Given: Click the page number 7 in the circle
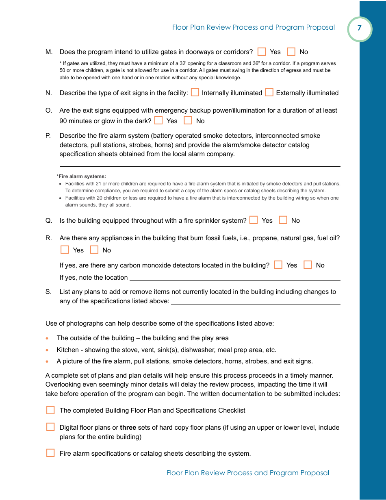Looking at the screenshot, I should click(359, 28).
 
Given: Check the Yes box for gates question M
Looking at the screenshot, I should click(262, 52).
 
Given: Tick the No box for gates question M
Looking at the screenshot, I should click(291, 52).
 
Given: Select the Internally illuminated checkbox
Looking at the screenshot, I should click(195, 93).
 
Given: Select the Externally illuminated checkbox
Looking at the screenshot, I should click(269, 93).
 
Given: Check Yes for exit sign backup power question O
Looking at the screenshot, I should click(158, 121).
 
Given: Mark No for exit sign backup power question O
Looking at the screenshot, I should click(188, 121).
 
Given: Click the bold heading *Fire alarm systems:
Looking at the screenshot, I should click(81, 176).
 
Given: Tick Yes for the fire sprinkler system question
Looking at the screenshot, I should click(254, 220).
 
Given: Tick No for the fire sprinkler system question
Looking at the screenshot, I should click(283, 220).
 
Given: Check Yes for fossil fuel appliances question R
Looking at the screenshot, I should click(65, 250).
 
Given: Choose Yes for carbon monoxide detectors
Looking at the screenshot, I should click(278, 265).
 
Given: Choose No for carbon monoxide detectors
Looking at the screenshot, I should click(308, 265).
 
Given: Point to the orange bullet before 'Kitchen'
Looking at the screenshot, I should click(48, 350).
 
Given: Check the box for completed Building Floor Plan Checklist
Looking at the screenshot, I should click(50, 410).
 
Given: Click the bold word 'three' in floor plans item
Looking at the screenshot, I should click(128, 428).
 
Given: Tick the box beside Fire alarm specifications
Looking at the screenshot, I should click(50, 453).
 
